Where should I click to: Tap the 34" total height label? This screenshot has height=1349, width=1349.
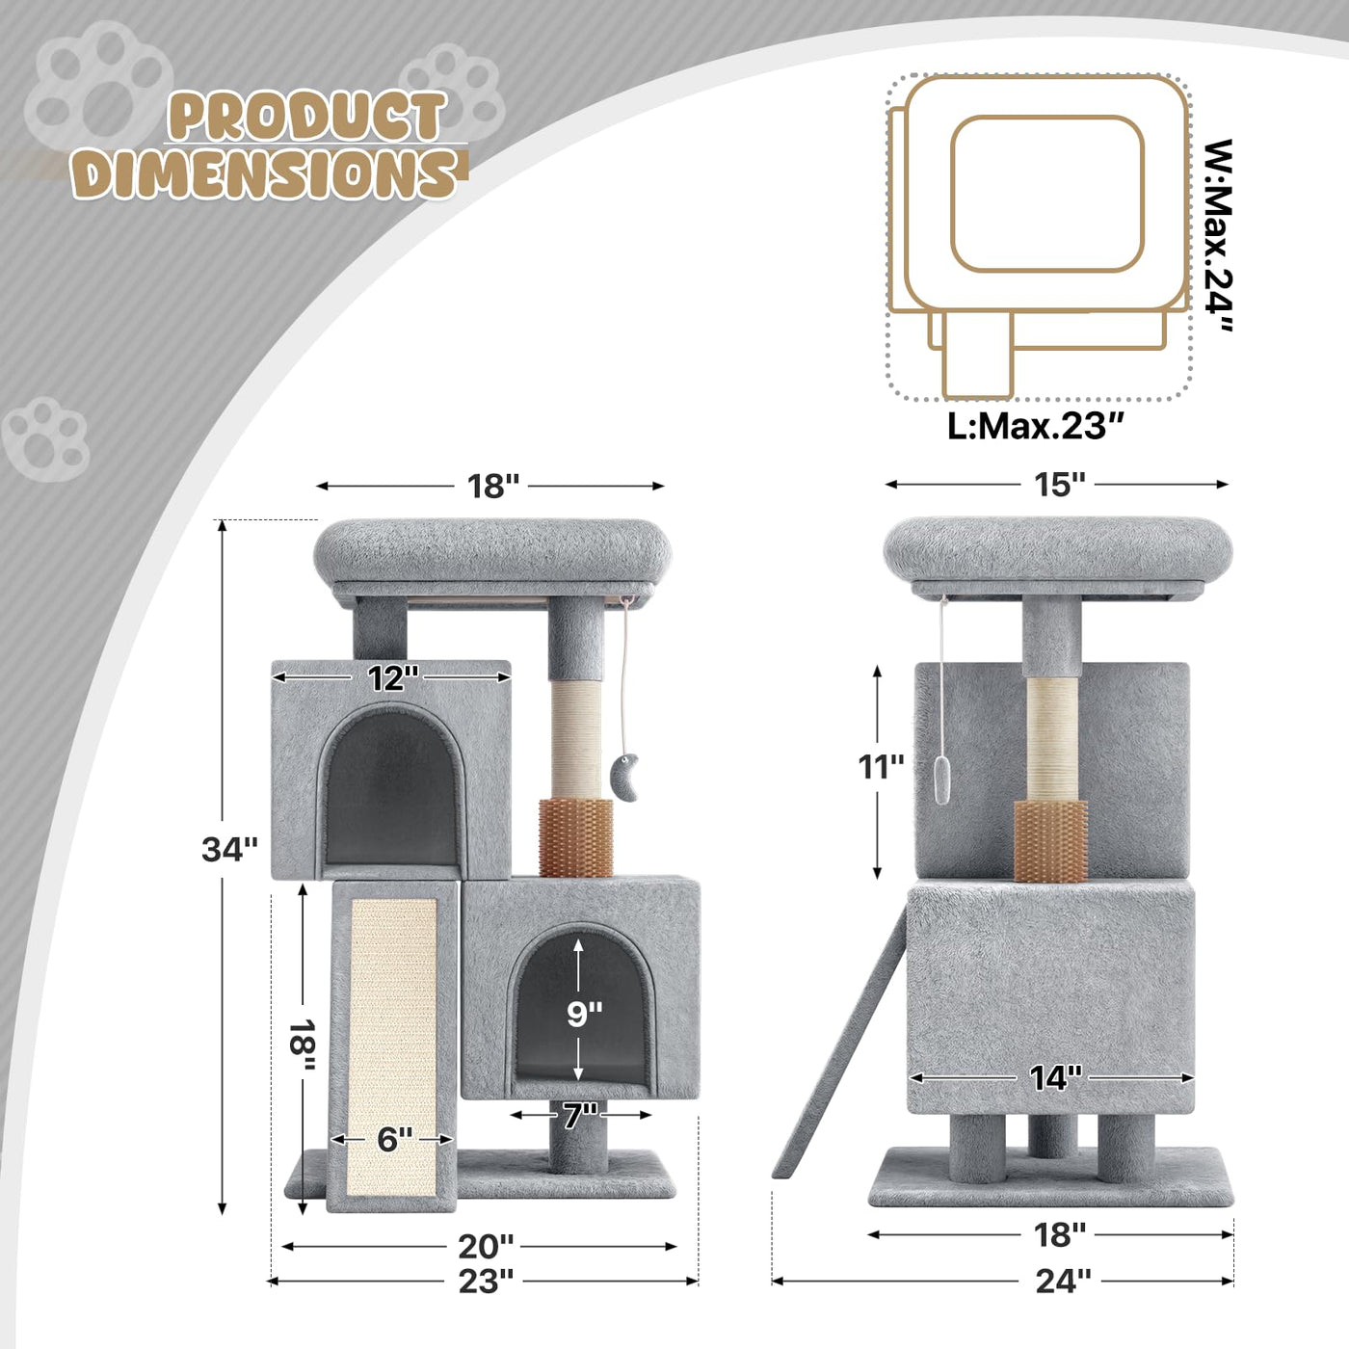229,849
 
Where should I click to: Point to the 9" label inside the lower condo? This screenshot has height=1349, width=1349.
584,1015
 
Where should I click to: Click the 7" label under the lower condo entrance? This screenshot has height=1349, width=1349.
581,1115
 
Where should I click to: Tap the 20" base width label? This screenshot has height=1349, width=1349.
486,1247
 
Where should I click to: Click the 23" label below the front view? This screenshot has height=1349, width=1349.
486,1282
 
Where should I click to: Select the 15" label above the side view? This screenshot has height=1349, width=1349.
1059,485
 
